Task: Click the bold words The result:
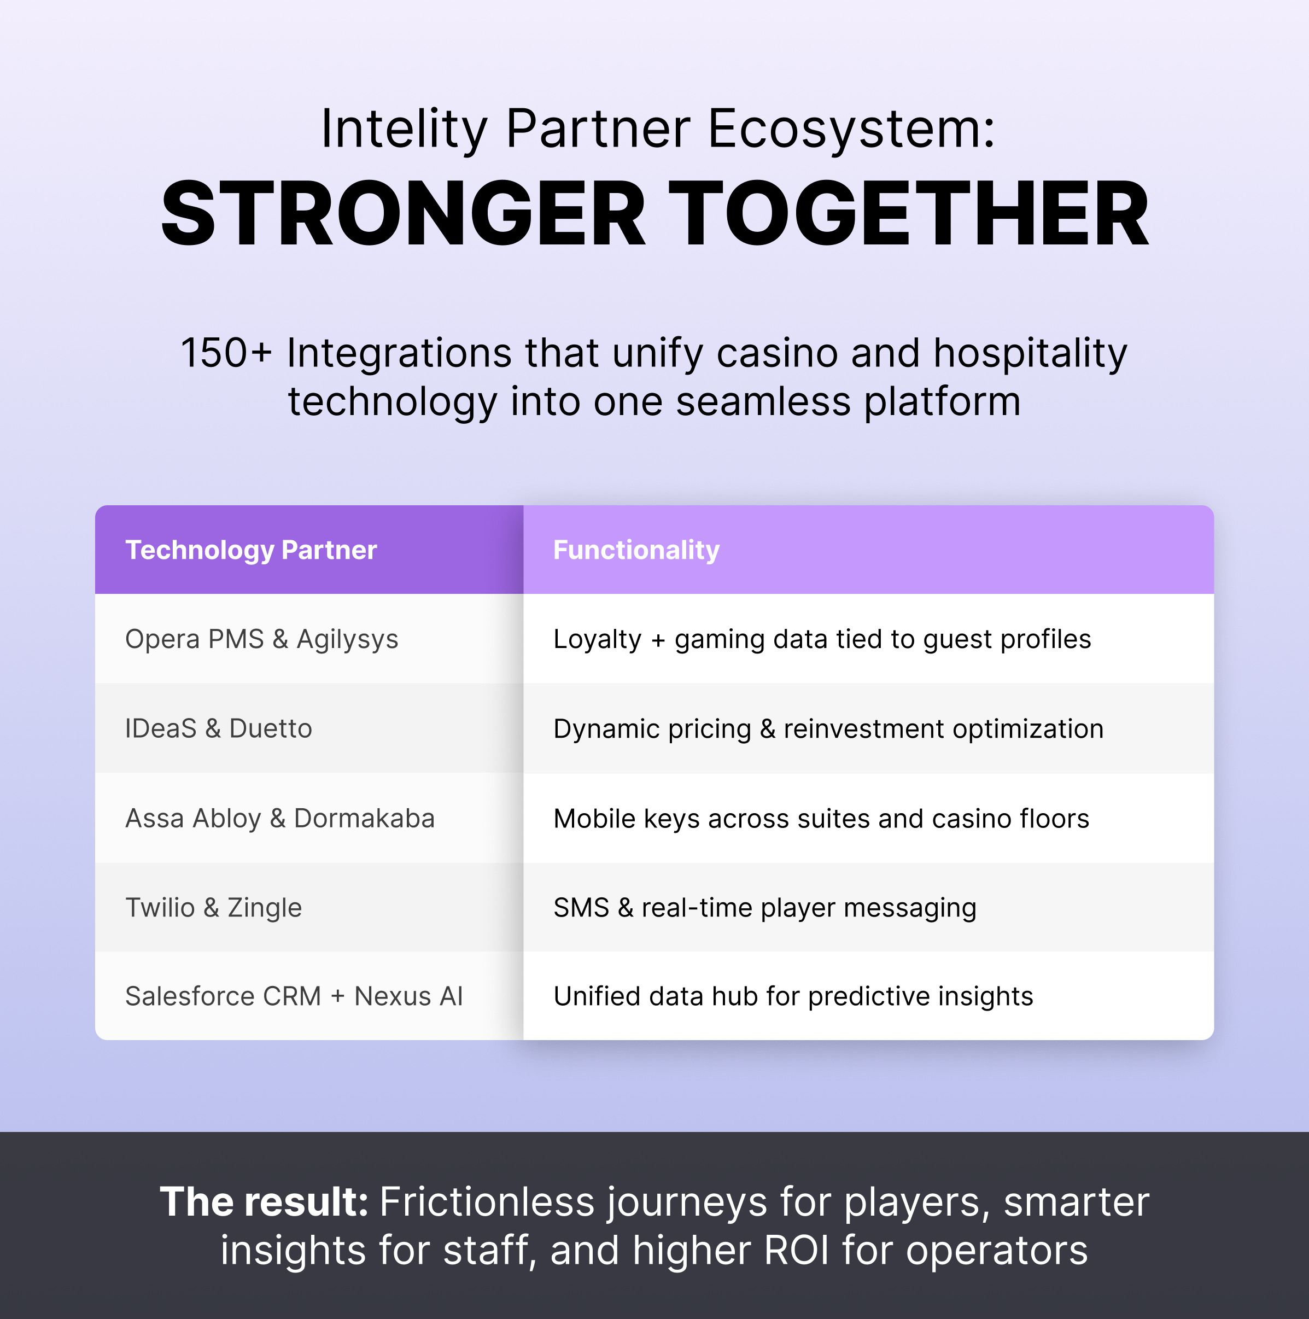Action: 265,1203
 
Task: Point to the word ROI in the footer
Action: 797,1251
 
